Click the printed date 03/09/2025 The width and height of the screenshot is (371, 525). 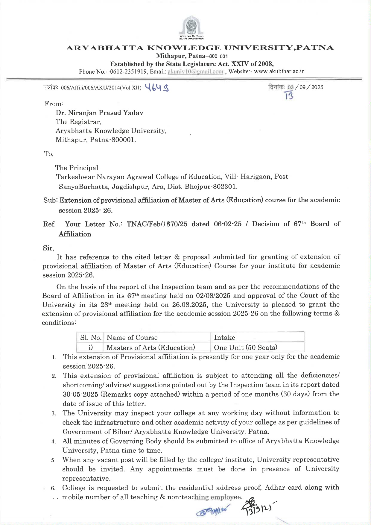pyautogui.click(x=305, y=87)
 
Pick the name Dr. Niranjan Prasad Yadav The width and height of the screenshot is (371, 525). pyautogui.click(x=99, y=113)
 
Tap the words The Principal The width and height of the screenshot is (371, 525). pyautogui.click(x=77, y=168)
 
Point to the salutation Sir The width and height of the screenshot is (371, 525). pyautogui.click(x=48, y=248)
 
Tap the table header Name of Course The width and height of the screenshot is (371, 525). pyautogui.click(x=132, y=338)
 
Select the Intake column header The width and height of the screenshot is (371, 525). pyautogui.click(x=224, y=338)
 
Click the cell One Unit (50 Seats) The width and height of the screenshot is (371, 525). pyautogui.click(x=246, y=348)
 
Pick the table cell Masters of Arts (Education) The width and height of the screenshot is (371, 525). pyautogui.click(x=151, y=348)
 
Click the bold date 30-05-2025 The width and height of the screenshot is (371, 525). pyautogui.click(x=80, y=394)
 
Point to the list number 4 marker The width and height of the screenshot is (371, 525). pyautogui.click(x=53, y=442)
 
